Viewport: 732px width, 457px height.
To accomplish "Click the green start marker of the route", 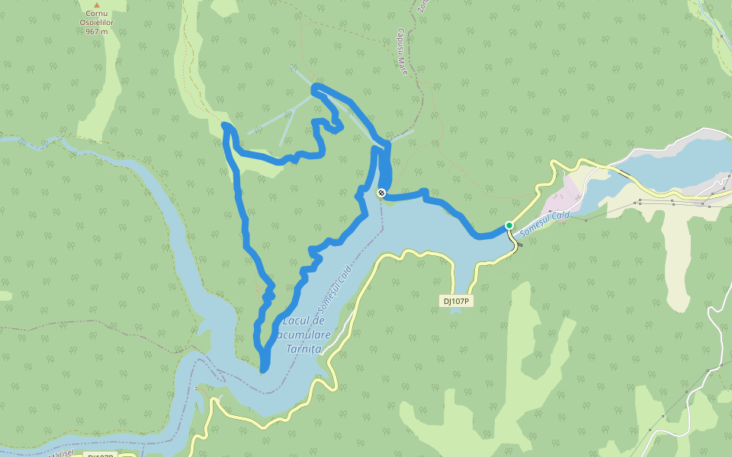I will point(509,225).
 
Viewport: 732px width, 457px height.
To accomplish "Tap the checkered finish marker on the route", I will point(381,193).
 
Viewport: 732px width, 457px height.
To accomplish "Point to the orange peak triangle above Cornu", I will point(96,5).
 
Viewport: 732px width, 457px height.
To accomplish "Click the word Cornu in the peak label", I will point(96,14).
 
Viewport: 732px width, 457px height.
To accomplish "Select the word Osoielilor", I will point(96,23).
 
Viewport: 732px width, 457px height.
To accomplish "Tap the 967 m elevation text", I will point(96,32).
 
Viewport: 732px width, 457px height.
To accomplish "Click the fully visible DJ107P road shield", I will point(456,301).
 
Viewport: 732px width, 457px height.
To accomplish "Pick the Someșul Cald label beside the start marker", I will point(544,224).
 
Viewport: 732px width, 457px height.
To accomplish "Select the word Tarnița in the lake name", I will point(303,348).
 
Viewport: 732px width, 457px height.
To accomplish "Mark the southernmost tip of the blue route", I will point(263,370).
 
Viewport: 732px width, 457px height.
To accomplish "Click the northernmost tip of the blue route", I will point(314,89).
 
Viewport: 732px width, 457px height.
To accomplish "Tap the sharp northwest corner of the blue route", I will point(224,124).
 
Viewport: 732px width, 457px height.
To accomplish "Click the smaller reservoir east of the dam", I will point(671,160).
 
